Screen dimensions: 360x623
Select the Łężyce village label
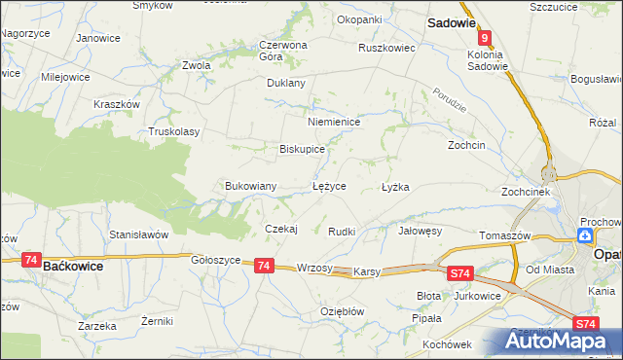pos(328,186)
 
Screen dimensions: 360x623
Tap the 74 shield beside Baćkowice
pos(31,262)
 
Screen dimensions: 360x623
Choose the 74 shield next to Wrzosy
pos(263,265)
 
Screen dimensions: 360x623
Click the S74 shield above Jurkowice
pos(461,275)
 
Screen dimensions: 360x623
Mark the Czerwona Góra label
pos(283,51)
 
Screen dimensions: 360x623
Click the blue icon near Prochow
pos(584,235)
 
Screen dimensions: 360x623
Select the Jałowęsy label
pos(421,232)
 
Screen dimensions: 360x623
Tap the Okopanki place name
pos(358,19)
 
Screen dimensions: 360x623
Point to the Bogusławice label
pos(597,78)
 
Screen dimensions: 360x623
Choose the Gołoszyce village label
pos(215,260)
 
